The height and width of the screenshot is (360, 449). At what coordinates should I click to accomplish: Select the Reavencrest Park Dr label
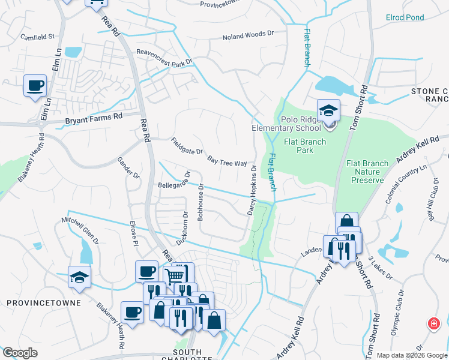(x=164, y=58)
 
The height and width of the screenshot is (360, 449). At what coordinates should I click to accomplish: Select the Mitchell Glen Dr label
(x=80, y=231)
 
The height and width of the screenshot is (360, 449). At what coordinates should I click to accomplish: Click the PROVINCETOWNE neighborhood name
(x=43, y=303)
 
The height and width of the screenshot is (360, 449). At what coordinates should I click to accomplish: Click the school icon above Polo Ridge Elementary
(x=328, y=111)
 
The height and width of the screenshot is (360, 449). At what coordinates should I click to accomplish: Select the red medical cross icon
(x=433, y=324)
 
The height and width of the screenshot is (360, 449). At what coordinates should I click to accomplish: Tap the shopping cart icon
(x=175, y=277)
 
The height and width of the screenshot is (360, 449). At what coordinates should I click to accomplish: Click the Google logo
(x=20, y=353)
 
